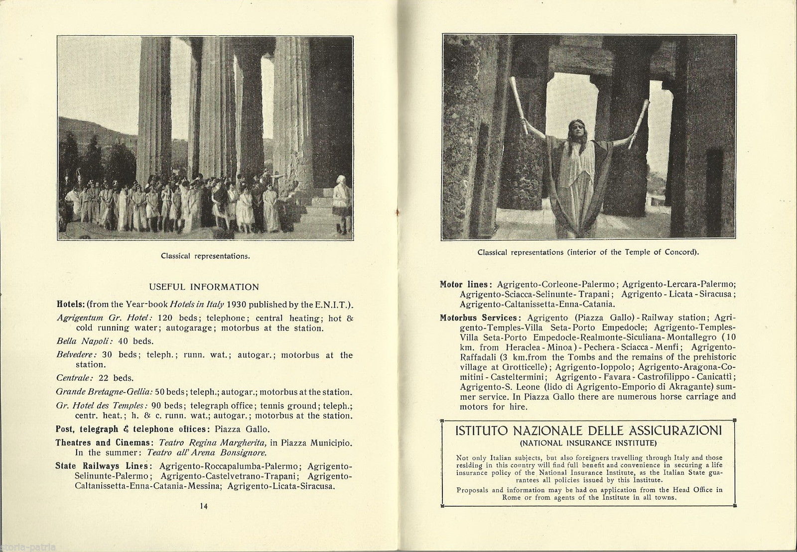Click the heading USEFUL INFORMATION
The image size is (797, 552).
point(204,287)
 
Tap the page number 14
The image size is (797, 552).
point(203,506)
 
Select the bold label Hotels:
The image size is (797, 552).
point(71,305)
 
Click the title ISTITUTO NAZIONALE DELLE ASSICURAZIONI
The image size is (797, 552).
point(589,431)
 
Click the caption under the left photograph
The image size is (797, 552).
point(205,256)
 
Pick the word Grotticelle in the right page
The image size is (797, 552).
point(527,367)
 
